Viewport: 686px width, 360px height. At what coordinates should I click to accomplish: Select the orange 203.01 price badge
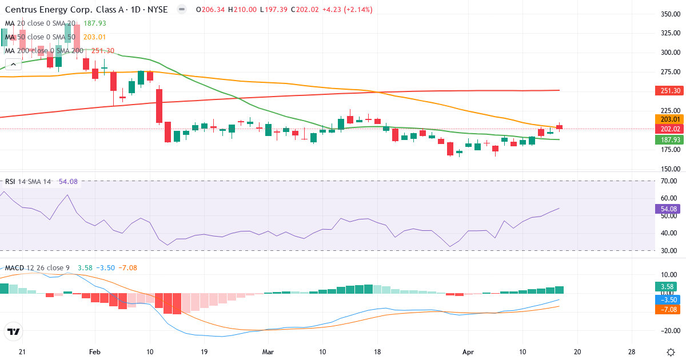tap(669, 119)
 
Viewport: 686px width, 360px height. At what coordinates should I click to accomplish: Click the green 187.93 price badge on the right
tap(669, 139)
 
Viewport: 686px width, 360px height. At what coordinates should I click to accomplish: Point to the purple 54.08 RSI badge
tap(669, 209)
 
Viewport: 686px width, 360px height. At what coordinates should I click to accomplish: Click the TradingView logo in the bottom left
tap(14, 331)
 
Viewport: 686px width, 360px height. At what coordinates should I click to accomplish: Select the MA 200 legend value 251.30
tap(103, 51)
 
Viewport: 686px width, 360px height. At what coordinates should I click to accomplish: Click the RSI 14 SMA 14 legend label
tap(28, 182)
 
